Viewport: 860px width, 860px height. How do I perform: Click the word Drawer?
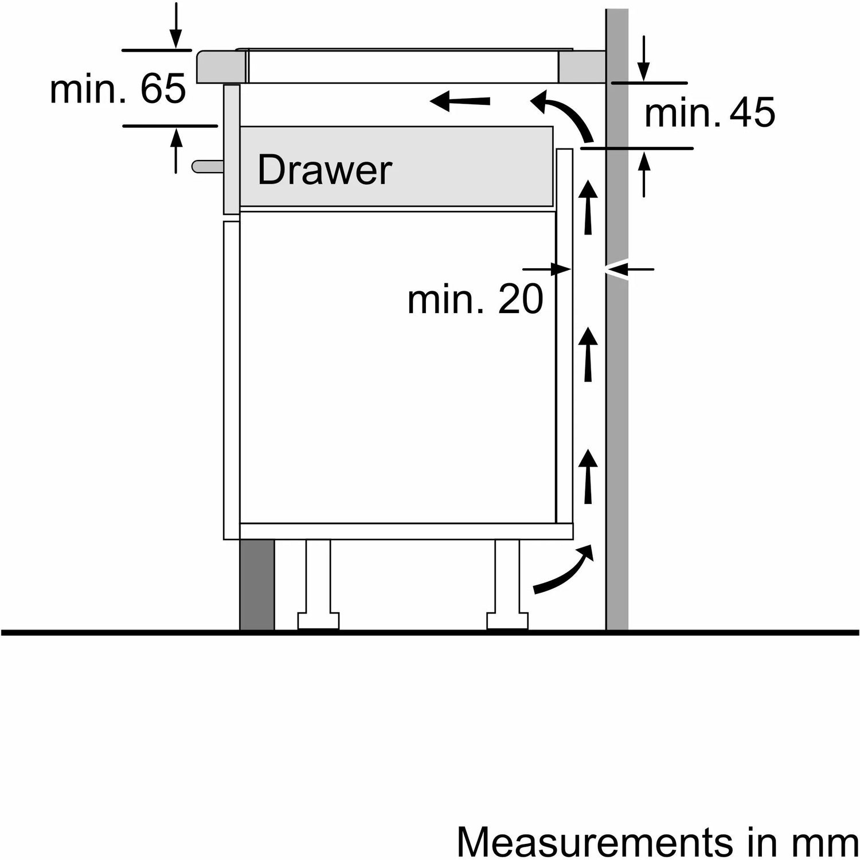325,170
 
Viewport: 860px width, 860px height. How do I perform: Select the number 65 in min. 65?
163,89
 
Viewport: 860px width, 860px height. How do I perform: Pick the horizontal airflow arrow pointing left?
460,102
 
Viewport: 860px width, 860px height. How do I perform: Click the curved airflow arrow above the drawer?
564,115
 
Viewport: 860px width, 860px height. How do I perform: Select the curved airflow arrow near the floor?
564,571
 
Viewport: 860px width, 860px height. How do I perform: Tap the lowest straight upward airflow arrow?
588,476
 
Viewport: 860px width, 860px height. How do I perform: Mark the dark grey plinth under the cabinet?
257,585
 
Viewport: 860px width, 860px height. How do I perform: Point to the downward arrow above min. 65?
176,26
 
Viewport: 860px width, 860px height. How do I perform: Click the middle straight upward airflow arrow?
588,354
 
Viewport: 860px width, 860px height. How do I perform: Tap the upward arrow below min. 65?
176,150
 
